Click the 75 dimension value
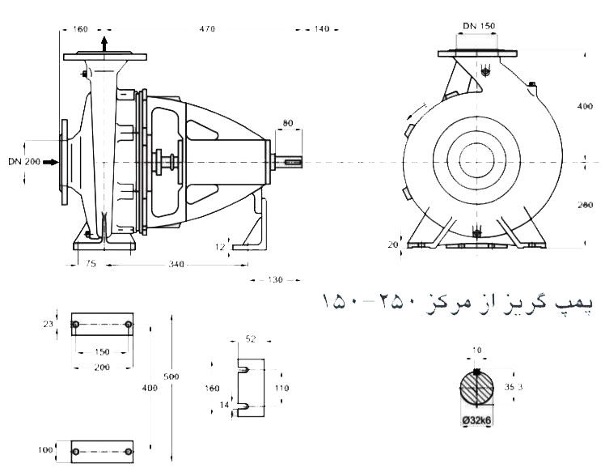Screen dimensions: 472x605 click(89, 263)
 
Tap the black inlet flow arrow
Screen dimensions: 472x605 click(52, 162)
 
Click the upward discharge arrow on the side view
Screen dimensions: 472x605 click(104, 43)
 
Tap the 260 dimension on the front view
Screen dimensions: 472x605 click(586, 206)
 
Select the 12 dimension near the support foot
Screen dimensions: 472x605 click(220, 245)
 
